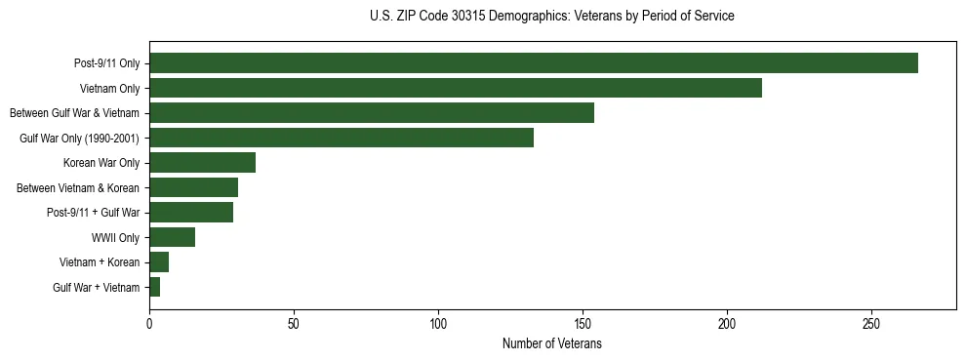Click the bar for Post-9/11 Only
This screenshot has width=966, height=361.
tap(534, 63)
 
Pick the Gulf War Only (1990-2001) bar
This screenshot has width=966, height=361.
tap(342, 139)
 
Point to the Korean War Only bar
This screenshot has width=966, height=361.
tap(202, 163)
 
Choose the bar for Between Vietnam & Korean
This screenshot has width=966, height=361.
tap(193, 187)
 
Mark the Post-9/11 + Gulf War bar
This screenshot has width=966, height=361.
tap(191, 213)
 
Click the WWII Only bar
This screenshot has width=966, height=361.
tap(172, 237)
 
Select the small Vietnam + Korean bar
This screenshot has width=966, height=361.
tap(159, 262)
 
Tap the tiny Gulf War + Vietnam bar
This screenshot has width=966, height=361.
tap(154, 287)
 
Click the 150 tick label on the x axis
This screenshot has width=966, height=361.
tap(583, 323)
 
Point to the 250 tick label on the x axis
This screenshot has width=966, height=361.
tap(871, 323)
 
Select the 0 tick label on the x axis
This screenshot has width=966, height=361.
tap(149, 323)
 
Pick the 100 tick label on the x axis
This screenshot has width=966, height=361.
tap(438, 323)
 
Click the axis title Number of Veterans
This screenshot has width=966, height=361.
tap(552, 344)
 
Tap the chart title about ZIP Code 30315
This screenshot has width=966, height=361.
tap(552, 17)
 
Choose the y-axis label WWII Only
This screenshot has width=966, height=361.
tap(115, 237)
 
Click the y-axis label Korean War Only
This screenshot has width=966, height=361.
tap(101, 163)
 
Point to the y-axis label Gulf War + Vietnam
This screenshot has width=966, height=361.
tap(97, 287)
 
